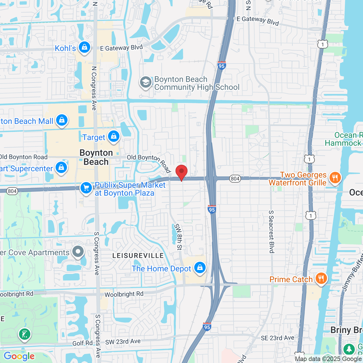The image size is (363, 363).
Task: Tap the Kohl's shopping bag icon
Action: pos(85,47)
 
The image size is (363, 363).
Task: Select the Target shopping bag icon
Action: pos(114,136)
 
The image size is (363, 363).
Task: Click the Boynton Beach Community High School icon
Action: pos(146,83)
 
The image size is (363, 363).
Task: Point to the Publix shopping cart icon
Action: pos(86,188)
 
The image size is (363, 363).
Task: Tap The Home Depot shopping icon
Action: pos(200,268)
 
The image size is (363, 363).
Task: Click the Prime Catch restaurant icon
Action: pos(321,278)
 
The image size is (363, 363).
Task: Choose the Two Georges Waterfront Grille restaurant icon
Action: pos(335,178)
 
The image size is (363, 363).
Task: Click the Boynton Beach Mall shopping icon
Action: pos(62,121)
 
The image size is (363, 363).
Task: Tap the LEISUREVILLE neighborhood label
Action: pos(138,256)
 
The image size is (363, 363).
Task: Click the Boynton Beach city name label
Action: pos(96,157)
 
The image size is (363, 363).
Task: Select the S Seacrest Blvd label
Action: pos(271,232)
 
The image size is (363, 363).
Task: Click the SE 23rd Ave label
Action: pos(277,338)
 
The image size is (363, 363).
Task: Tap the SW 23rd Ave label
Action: pos(123,342)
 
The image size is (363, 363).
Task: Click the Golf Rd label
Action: pos(83,343)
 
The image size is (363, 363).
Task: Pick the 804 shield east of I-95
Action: pos(235,179)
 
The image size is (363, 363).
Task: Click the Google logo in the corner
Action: pos(19,356)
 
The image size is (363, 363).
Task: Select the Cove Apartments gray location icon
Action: pos(78,252)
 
